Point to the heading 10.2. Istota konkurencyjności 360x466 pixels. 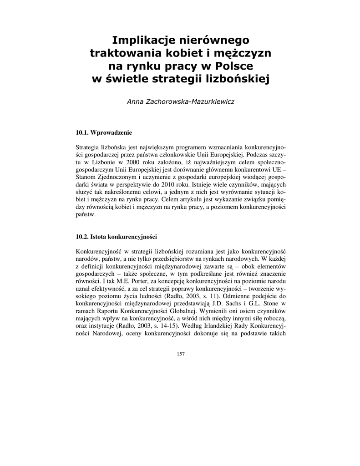tap(116, 237)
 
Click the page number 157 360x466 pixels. tap(180, 354)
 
